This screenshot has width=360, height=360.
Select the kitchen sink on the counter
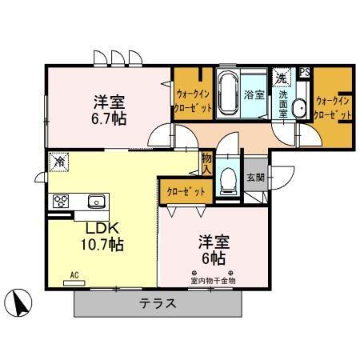95,201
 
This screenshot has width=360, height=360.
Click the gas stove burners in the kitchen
62,201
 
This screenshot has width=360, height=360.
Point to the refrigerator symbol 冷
58,161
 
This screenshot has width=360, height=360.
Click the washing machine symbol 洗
281,78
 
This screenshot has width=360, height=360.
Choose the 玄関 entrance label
254,178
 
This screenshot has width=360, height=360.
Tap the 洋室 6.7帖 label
109,109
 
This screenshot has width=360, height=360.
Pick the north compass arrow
20,302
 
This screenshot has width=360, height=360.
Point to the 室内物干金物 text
213,280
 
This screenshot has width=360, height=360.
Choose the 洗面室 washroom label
283,104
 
